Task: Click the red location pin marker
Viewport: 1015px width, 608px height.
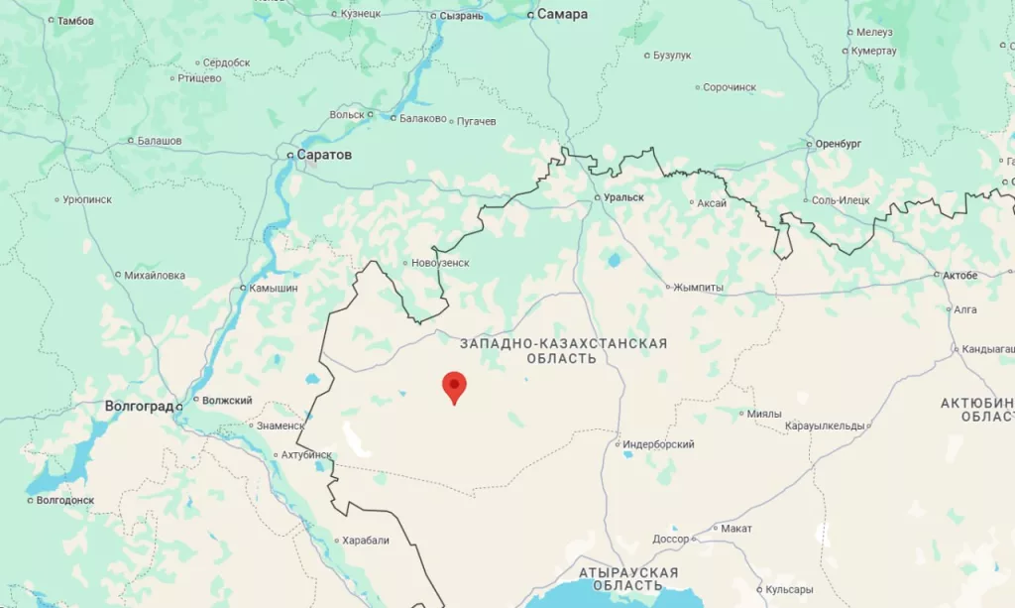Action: (x=454, y=386)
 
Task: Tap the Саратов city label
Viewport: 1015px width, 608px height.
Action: (x=324, y=156)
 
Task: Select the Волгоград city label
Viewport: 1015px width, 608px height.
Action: (x=140, y=407)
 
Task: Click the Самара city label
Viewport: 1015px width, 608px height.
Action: (x=562, y=15)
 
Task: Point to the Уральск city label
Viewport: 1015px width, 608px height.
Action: (x=623, y=197)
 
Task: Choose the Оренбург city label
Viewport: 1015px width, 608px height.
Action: (x=838, y=144)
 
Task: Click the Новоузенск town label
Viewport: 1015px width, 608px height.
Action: (x=440, y=263)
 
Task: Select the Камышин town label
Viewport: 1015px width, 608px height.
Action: (x=269, y=288)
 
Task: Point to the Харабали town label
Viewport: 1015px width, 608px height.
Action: (x=366, y=541)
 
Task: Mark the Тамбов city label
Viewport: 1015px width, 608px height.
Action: (x=76, y=20)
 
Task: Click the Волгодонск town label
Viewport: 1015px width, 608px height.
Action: (x=65, y=500)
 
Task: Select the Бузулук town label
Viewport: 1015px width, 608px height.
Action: (x=672, y=56)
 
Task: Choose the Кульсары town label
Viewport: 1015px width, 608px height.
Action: (x=790, y=589)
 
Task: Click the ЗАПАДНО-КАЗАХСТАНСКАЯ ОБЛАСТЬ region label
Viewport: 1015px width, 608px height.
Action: (x=563, y=350)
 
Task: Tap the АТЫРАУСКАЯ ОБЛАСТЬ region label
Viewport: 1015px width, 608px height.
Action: (x=628, y=578)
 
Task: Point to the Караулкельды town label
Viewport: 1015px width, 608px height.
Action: (x=825, y=426)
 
